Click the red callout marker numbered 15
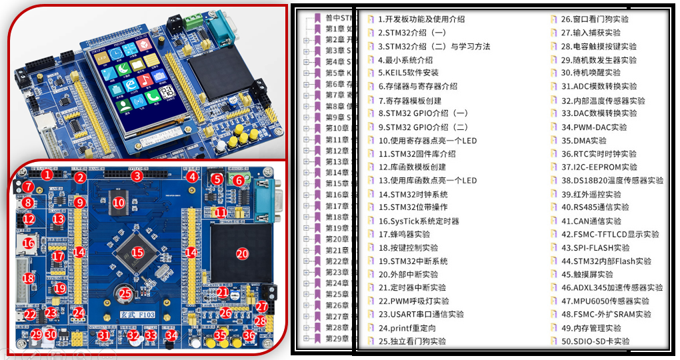[x=137, y=253]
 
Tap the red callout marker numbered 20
[x=242, y=253]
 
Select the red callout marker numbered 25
[x=125, y=292]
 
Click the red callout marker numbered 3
[x=137, y=176]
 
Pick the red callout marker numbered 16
[x=29, y=244]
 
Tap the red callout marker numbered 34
[x=171, y=335]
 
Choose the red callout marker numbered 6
[x=238, y=181]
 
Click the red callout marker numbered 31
[x=103, y=335]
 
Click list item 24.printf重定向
[x=407, y=328]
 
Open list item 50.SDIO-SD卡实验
[x=595, y=341]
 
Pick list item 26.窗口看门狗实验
[x=595, y=19]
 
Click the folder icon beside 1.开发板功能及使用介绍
[x=371, y=19]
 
